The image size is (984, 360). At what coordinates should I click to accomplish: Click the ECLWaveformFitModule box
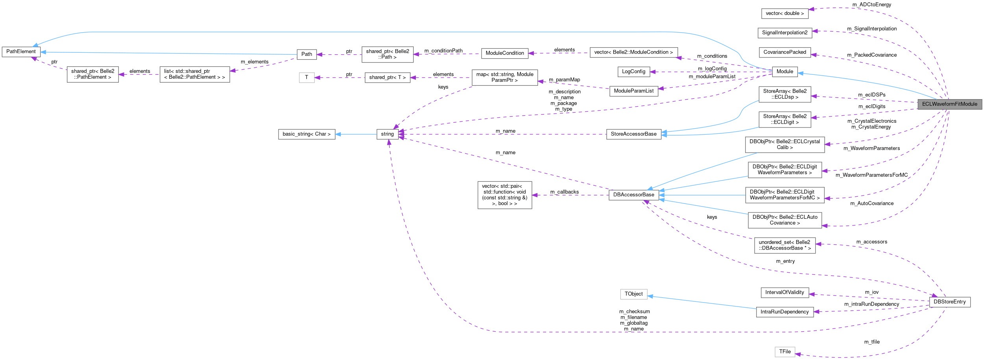click(949, 104)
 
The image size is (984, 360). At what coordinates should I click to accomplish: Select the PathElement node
click(21, 52)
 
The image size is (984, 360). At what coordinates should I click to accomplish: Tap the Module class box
click(785, 72)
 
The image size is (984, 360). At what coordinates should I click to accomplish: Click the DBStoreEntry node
click(949, 302)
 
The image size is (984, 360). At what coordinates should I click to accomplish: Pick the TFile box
click(785, 352)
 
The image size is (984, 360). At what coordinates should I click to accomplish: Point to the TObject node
click(633, 294)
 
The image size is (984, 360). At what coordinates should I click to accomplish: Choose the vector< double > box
click(785, 13)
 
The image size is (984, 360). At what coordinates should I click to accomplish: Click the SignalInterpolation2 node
click(785, 33)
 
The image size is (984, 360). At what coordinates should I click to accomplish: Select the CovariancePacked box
click(785, 52)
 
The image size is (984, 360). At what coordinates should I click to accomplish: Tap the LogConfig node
click(633, 72)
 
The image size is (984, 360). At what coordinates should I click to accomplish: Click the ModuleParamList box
click(633, 91)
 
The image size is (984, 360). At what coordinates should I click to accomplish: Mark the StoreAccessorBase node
click(633, 134)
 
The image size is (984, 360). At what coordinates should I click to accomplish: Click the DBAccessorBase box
click(633, 195)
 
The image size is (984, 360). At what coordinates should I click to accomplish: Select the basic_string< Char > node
click(306, 134)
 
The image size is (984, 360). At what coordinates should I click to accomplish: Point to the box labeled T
click(306, 78)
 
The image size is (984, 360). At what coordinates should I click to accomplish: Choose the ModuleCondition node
click(504, 53)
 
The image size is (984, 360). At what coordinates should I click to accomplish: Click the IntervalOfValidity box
click(785, 292)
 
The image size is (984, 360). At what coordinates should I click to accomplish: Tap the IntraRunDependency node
click(785, 312)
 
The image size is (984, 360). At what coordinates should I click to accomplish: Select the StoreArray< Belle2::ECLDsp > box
click(785, 94)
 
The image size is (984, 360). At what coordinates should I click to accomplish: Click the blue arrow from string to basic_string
click(356, 134)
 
